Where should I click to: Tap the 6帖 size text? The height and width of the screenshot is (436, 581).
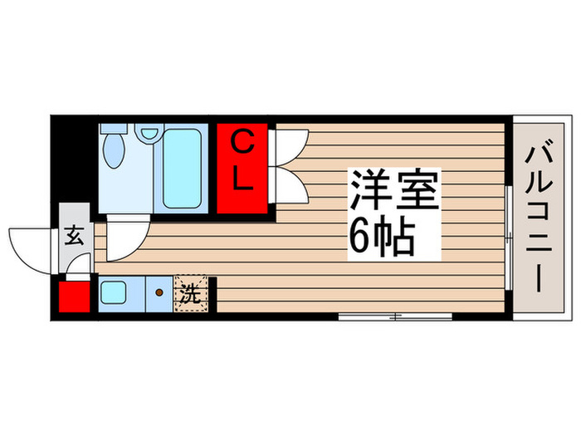point(381,239)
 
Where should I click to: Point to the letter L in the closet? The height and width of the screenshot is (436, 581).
point(242,182)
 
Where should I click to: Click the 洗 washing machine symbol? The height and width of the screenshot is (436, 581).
point(190,293)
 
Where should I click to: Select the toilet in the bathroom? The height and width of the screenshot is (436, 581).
point(115,149)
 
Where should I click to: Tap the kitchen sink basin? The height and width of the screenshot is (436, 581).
point(112,293)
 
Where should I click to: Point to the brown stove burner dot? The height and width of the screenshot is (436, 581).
point(159,293)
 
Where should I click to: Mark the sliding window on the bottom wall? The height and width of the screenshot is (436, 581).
point(395,316)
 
